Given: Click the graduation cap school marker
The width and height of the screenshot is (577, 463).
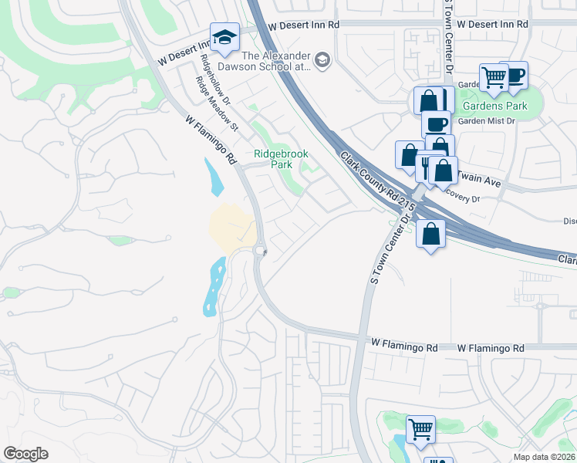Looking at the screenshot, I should click(224, 38).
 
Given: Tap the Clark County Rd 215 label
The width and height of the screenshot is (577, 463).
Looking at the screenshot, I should click(378, 182).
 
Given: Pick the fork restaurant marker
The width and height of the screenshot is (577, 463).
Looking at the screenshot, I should click(425, 167).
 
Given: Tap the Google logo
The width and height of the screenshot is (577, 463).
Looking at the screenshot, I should click(25, 453).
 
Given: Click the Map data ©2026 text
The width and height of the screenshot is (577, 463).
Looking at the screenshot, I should click(545, 457).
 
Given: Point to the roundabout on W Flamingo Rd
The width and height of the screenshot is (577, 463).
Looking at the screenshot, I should click(260, 251).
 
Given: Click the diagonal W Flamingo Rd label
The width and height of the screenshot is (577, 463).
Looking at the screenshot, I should click(211, 140).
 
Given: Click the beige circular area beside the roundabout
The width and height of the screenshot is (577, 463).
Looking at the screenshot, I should click(232, 227).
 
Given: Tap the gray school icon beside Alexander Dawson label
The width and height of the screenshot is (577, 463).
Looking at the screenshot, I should click(322, 60).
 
